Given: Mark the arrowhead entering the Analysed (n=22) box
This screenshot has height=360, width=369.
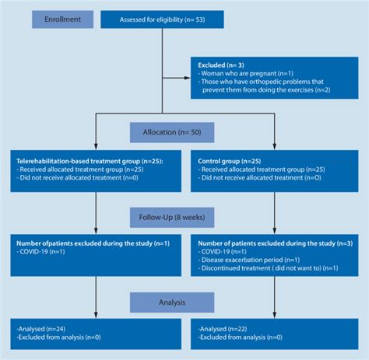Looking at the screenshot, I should coord(274,314).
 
